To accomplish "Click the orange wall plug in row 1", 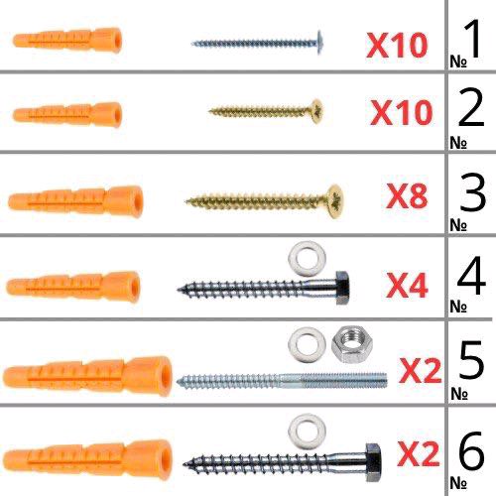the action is (67, 41).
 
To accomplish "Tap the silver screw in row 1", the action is (257, 43).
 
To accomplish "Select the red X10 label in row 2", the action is (402, 113).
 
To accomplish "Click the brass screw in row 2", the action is (265, 111).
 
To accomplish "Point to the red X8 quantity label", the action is (407, 195).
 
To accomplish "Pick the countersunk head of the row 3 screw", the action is (334, 201).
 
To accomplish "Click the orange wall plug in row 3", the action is (75, 201).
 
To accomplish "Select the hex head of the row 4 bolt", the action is (342, 288).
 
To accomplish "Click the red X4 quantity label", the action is (407, 286).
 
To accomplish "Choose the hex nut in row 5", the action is (352, 344).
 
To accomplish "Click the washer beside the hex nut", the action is (307, 345).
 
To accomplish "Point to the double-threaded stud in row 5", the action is (282, 380).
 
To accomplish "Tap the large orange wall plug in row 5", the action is (87, 376).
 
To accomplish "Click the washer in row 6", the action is (307, 432).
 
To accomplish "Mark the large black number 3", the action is (473, 192).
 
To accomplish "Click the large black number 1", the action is (473, 39).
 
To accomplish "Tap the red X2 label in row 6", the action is (419, 454).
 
